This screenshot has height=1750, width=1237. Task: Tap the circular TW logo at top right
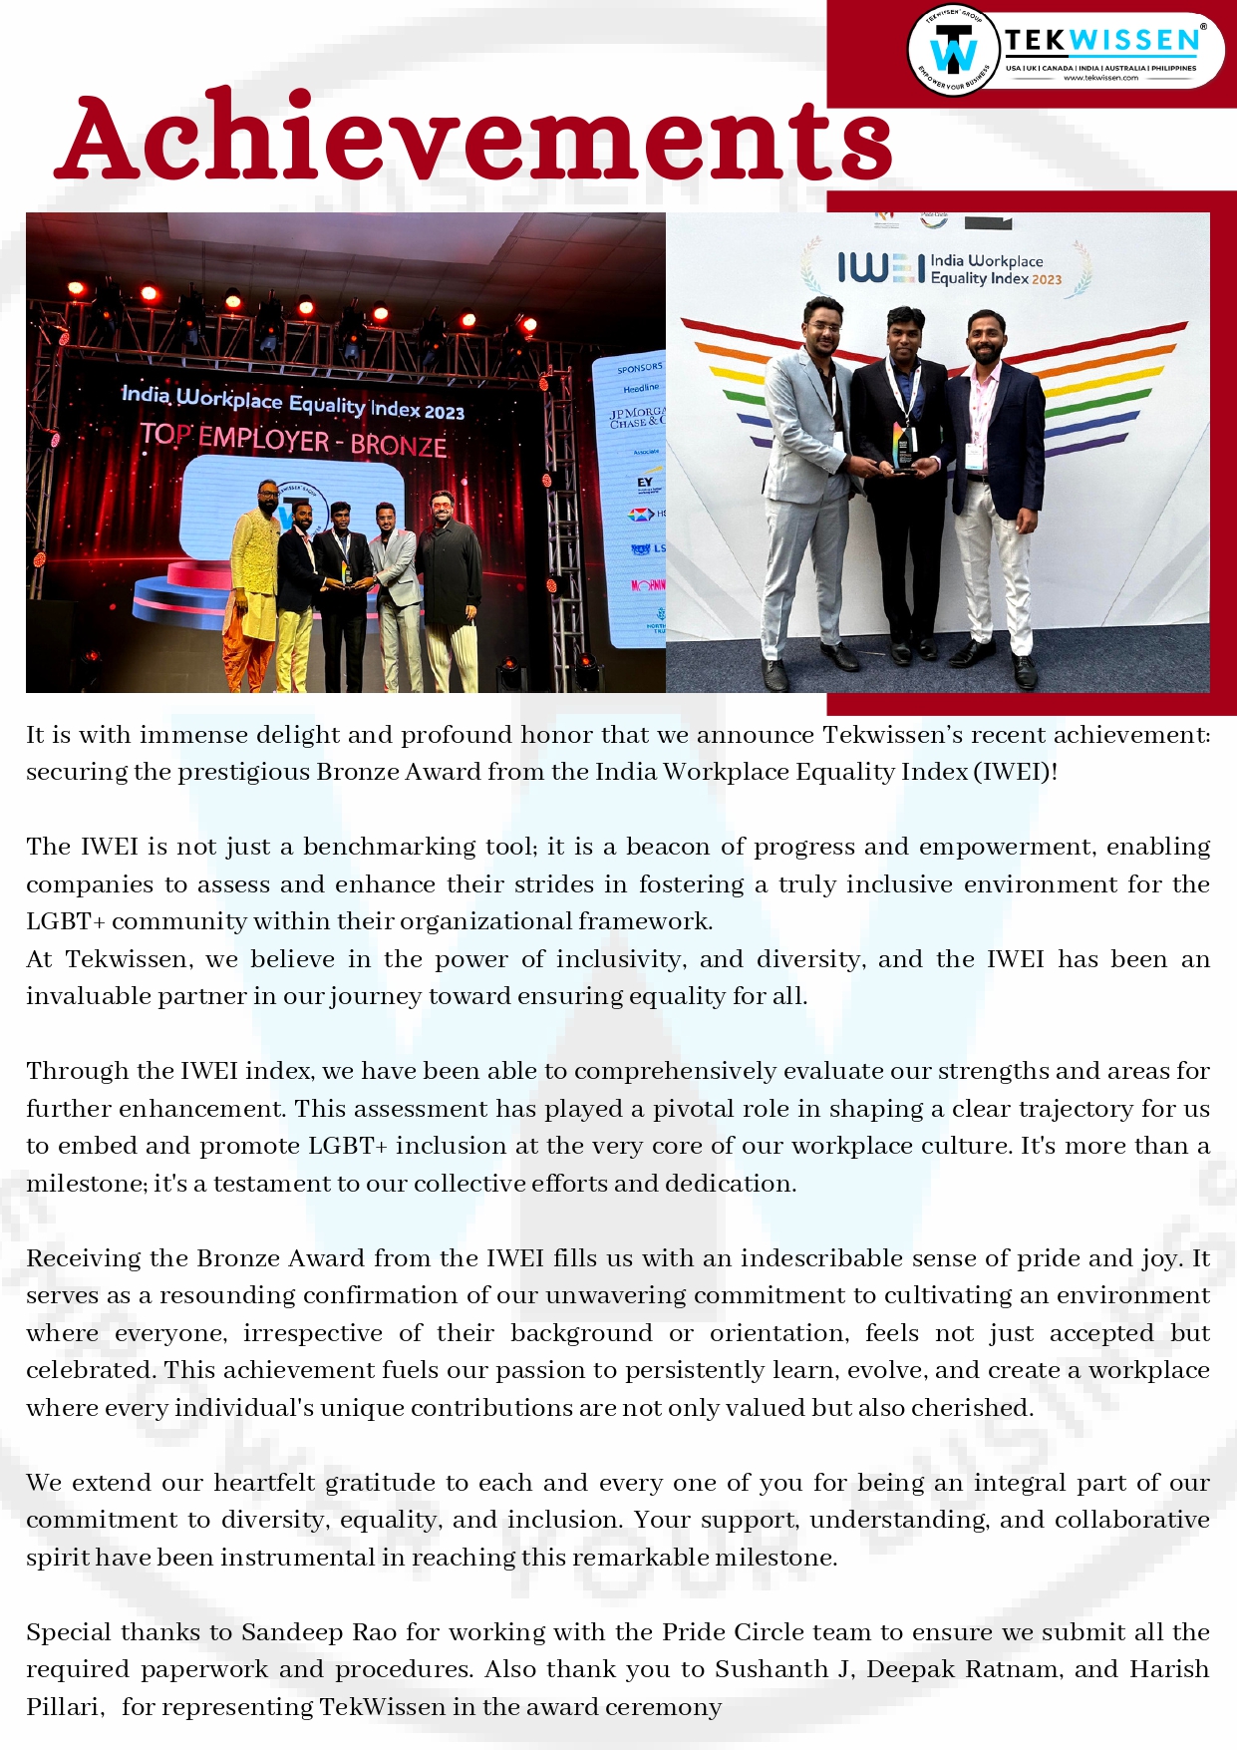(954, 49)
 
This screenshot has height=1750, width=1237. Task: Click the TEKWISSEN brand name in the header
(1101, 41)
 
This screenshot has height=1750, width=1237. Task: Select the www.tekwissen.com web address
(1100, 78)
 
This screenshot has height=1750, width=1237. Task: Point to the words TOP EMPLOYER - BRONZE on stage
(293, 439)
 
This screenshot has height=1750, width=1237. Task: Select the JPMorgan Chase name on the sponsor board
(638, 417)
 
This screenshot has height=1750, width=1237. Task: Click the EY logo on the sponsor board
(645, 483)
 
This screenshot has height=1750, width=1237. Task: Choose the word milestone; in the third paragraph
(87, 1184)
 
